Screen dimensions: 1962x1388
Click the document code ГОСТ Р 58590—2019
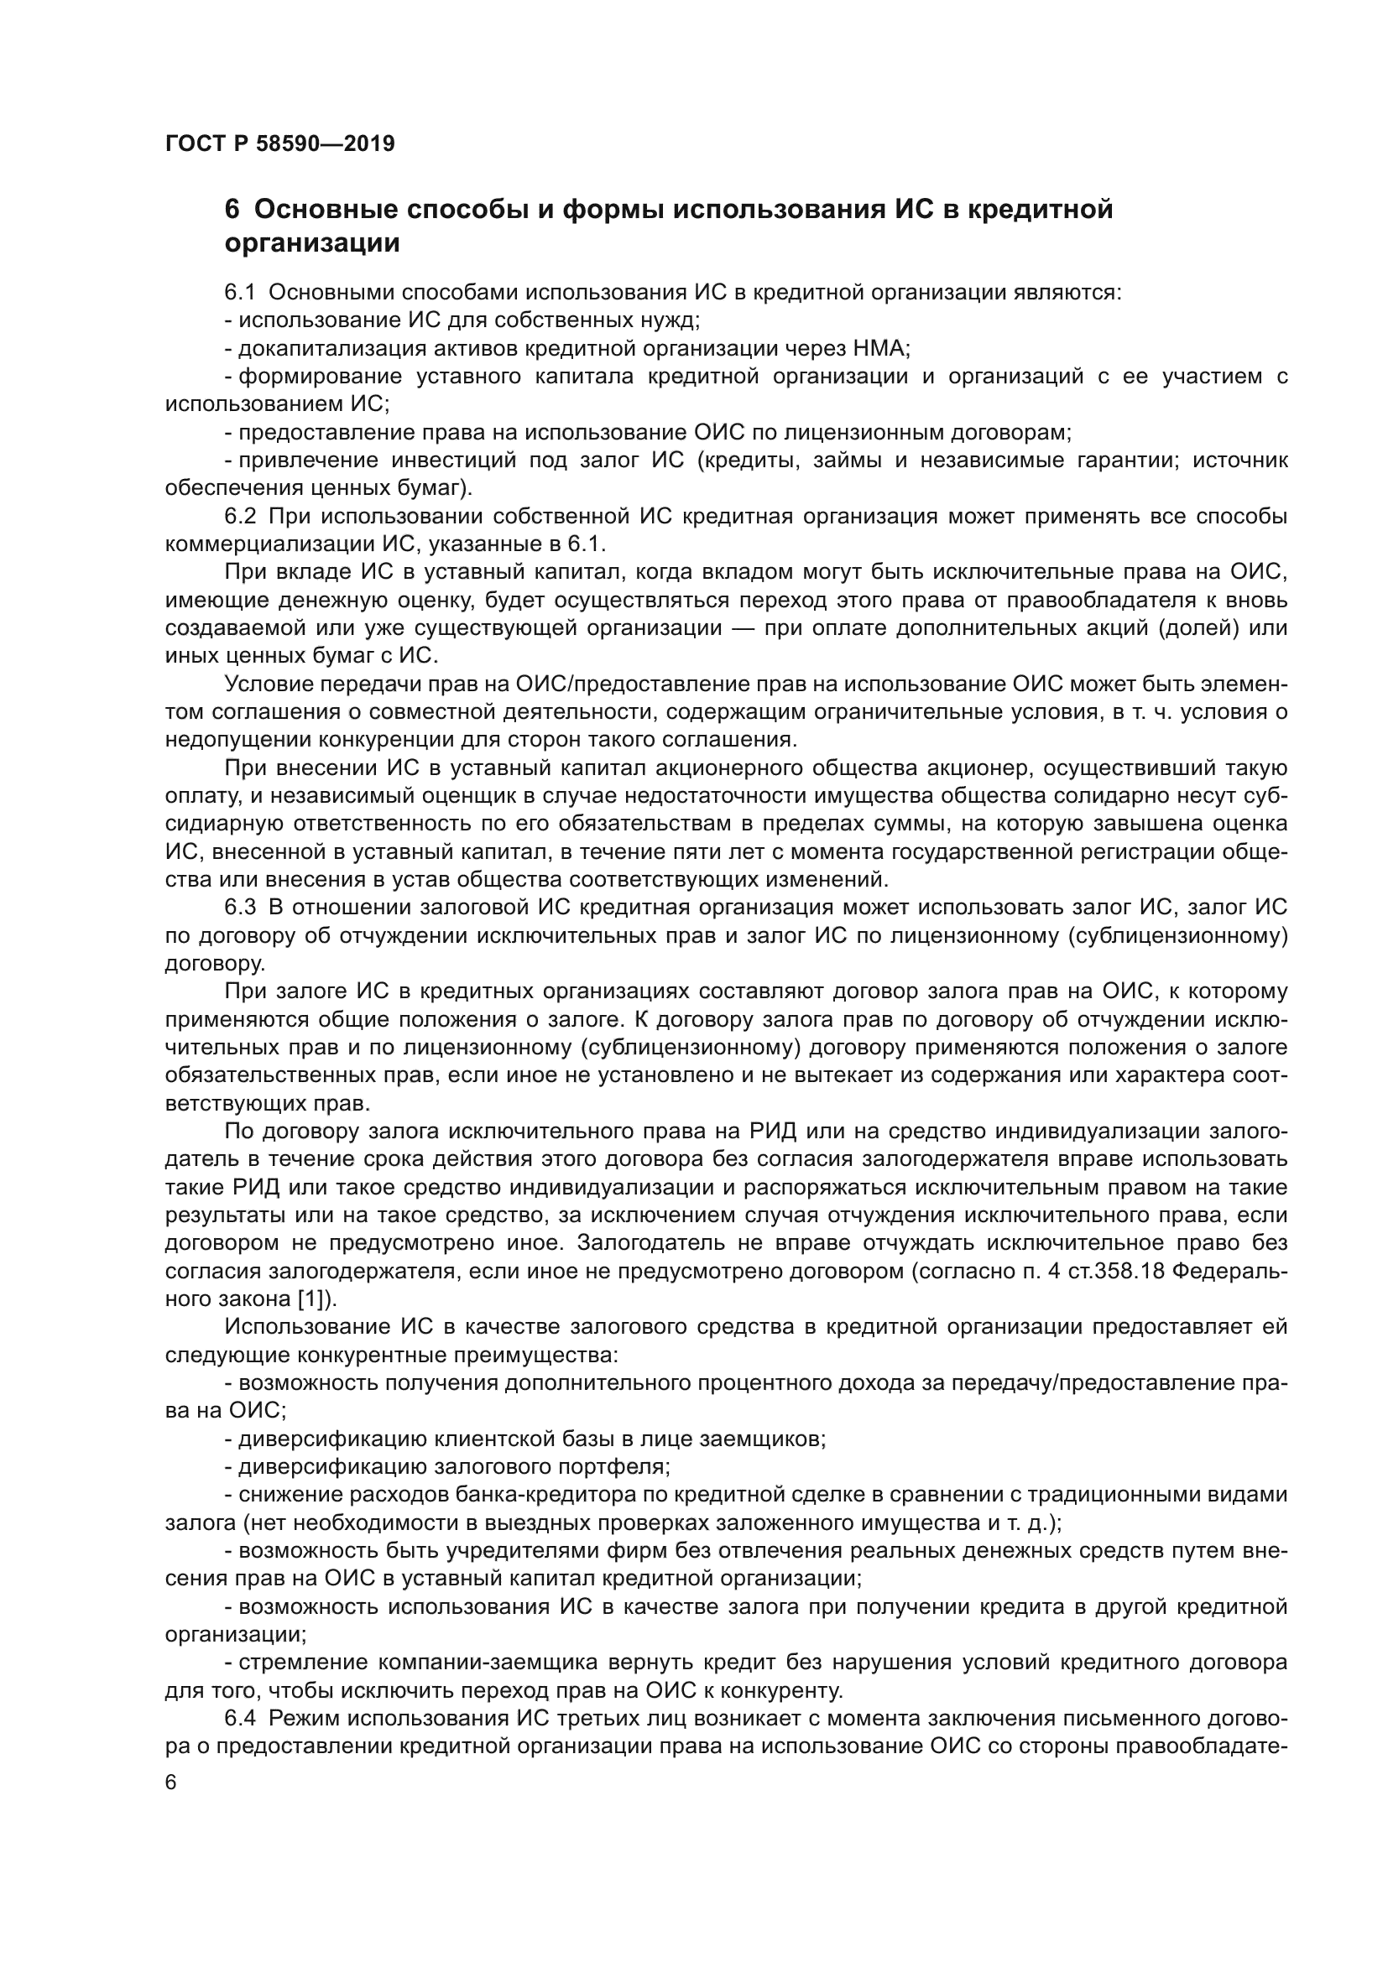(x=279, y=143)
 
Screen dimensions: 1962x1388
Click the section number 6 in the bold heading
(x=231, y=210)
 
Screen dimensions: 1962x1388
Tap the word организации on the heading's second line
(x=312, y=243)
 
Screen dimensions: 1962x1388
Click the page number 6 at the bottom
(x=171, y=1783)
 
